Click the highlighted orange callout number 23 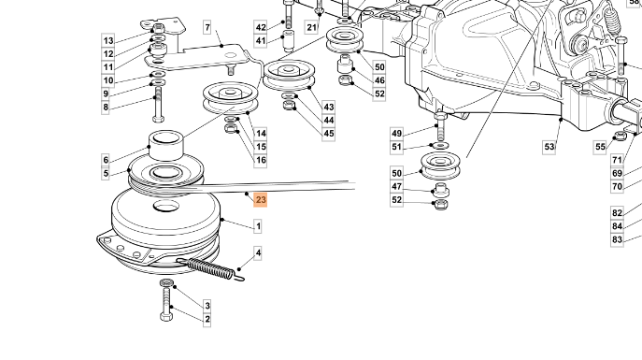(261, 200)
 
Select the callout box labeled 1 (258, 226)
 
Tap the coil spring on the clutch (211, 269)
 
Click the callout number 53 (549, 147)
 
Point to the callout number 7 (207, 27)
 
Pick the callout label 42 (261, 27)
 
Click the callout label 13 (108, 40)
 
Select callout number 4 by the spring (258, 252)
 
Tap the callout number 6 (106, 160)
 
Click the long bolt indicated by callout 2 (166, 304)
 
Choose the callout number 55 (600, 147)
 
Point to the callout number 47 (397, 186)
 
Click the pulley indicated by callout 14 (231, 98)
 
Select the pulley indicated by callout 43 (289, 75)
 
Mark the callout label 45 (328, 134)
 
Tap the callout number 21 (311, 27)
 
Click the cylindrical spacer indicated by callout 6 (165, 145)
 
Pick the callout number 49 (397, 133)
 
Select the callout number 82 (617, 213)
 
